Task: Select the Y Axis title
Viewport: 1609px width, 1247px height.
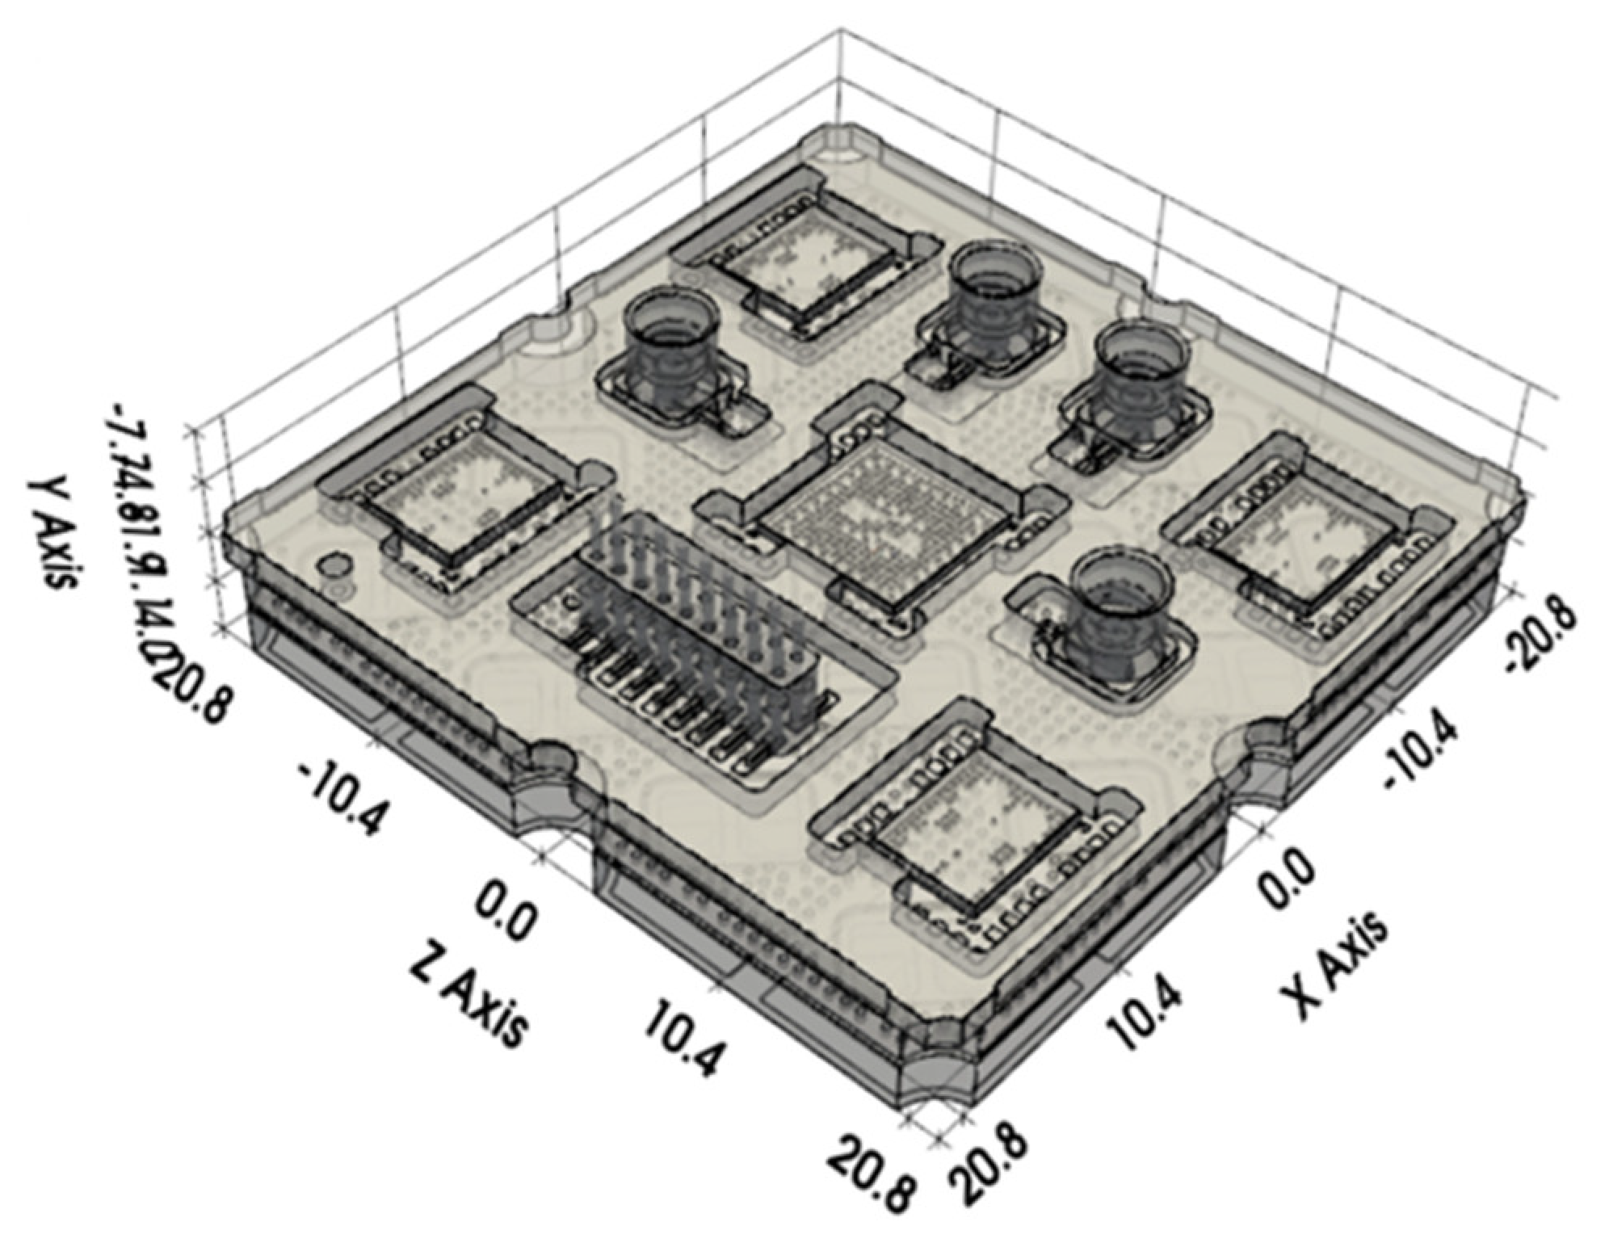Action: point(51,533)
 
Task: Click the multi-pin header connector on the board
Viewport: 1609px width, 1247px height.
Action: point(695,646)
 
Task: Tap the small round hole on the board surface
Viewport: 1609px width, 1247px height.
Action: point(334,565)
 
